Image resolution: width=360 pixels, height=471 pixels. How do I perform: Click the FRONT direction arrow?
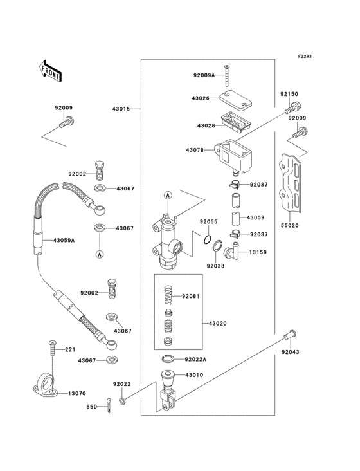[50, 71]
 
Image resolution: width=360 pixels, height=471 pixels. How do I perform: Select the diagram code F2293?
[305, 56]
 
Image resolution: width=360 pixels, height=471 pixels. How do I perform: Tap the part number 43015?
[122, 109]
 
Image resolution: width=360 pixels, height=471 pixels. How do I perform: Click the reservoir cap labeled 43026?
[235, 100]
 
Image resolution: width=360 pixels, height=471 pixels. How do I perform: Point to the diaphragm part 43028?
[235, 122]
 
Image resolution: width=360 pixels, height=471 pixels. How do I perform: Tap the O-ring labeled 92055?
[207, 240]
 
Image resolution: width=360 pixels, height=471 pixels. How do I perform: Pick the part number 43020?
[218, 324]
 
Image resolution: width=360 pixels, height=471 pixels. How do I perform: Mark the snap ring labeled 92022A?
[168, 358]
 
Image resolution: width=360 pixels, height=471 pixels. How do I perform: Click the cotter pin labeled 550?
[109, 405]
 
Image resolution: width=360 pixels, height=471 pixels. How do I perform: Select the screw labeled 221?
[53, 348]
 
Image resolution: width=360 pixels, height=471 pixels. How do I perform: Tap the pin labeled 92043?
[291, 335]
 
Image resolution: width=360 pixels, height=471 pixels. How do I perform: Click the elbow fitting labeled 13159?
[232, 251]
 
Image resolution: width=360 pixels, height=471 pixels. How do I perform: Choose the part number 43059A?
[64, 240]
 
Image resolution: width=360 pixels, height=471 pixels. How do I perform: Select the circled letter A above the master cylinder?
[168, 196]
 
